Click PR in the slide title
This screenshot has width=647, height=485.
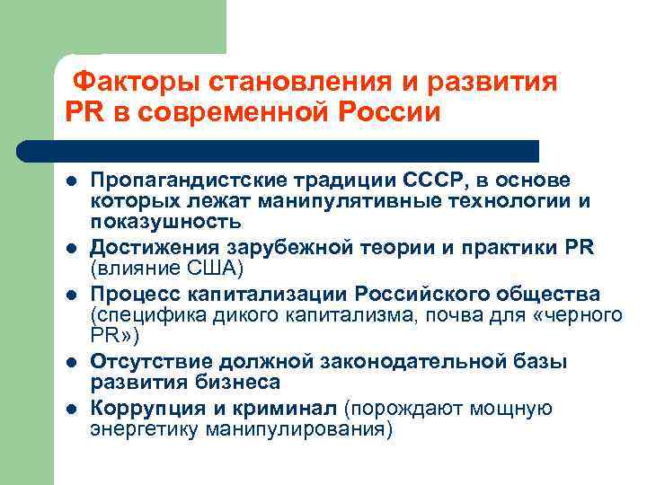tap(83, 114)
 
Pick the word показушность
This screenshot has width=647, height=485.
tap(164, 221)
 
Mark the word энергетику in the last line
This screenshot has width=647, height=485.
tap(145, 428)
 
